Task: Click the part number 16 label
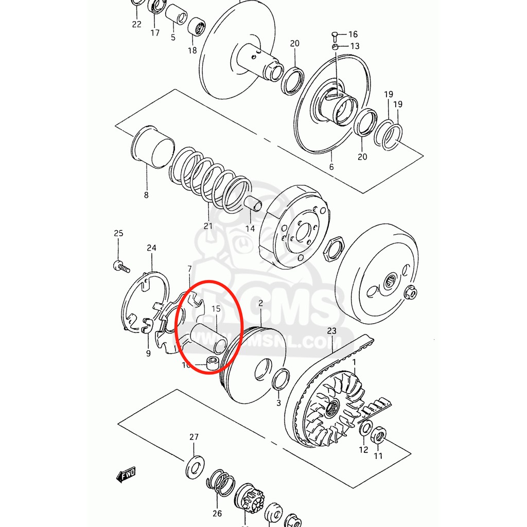(x=353, y=34)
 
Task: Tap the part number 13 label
(x=355, y=46)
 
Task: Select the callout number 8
(x=146, y=195)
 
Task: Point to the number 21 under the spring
(x=208, y=226)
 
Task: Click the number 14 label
(x=250, y=229)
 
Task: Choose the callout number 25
(x=118, y=233)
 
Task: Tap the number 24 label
(x=151, y=248)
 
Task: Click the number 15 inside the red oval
(x=216, y=309)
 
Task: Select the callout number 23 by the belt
(x=331, y=330)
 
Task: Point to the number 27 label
(x=194, y=437)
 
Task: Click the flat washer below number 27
(x=194, y=466)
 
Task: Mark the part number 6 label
(x=331, y=167)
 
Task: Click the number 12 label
(x=363, y=449)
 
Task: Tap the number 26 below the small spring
(x=217, y=513)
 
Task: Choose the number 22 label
(x=136, y=24)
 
